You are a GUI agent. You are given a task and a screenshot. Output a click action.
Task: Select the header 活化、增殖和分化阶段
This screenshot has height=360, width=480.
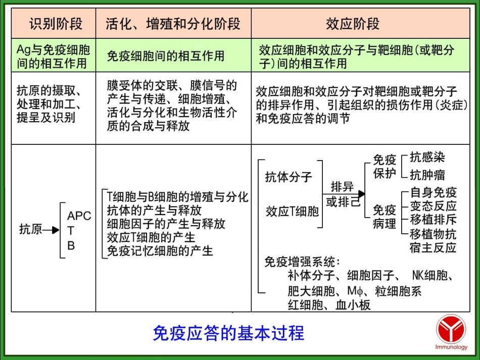point(173,24)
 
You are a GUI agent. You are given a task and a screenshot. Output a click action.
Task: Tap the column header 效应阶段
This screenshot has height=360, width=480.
point(360,24)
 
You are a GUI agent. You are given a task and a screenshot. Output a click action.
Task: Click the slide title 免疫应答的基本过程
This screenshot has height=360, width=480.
point(228,333)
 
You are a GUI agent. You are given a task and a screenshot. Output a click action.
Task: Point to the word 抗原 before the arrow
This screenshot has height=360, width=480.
point(30,229)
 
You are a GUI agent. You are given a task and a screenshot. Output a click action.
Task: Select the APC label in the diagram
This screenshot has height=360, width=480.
point(79,216)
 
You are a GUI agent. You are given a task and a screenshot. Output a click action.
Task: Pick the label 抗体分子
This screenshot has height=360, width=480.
point(289,177)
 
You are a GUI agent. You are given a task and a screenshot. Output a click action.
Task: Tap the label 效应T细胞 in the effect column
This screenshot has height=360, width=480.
point(293,211)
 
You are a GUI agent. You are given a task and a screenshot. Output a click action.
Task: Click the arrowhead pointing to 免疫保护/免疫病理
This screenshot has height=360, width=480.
point(361,193)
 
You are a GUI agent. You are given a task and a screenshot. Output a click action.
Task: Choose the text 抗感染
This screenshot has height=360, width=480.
point(427,158)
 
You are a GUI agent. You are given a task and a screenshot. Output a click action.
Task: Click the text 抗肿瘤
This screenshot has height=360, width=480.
point(427,175)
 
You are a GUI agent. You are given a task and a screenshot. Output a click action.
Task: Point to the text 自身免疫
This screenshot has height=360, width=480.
point(433,192)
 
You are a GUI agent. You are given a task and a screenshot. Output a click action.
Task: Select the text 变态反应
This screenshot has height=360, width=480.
point(433,206)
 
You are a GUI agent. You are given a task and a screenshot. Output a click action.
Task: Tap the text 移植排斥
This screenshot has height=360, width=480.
point(433,220)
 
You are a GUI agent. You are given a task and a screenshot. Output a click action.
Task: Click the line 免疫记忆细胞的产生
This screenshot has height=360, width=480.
point(160,251)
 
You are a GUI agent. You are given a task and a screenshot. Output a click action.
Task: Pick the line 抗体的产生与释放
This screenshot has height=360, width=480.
point(155,210)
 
